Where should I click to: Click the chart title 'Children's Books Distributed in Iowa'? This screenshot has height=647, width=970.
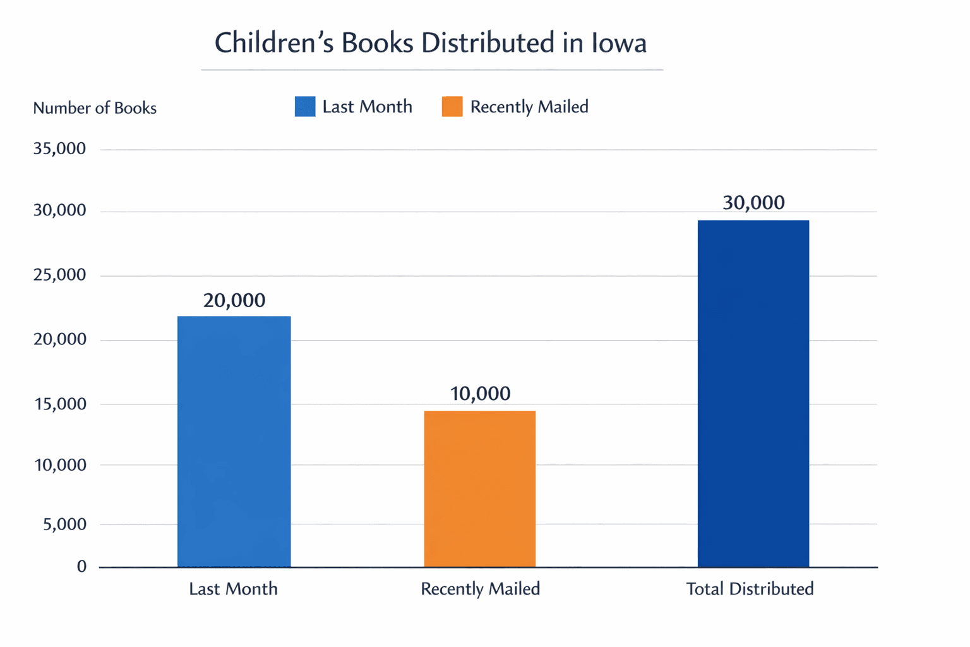click(x=431, y=43)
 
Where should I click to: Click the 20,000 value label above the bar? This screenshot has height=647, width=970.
click(x=234, y=300)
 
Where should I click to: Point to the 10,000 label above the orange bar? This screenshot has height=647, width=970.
click(x=480, y=394)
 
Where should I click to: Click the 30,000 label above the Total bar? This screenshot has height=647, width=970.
click(x=753, y=203)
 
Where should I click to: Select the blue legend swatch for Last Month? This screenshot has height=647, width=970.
click(x=305, y=107)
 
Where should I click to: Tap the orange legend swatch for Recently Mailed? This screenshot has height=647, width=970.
click(x=452, y=107)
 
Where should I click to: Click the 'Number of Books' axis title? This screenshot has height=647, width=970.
click(x=95, y=108)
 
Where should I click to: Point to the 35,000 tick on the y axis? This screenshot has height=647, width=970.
click(x=59, y=149)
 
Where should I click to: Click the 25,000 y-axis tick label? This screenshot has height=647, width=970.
click(x=59, y=275)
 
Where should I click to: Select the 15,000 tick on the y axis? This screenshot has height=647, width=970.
click(x=59, y=404)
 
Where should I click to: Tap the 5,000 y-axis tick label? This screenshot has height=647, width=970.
click(x=64, y=524)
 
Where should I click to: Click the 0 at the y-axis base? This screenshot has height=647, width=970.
click(x=81, y=567)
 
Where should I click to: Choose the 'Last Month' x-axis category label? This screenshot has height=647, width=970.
click(x=233, y=589)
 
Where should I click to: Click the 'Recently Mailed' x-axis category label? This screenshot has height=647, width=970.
click(x=480, y=589)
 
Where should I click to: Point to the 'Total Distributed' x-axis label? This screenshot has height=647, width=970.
click(x=750, y=589)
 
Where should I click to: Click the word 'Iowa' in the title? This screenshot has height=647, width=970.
click(x=619, y=43)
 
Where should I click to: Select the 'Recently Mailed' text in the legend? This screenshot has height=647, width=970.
click(x=529, y=107)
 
